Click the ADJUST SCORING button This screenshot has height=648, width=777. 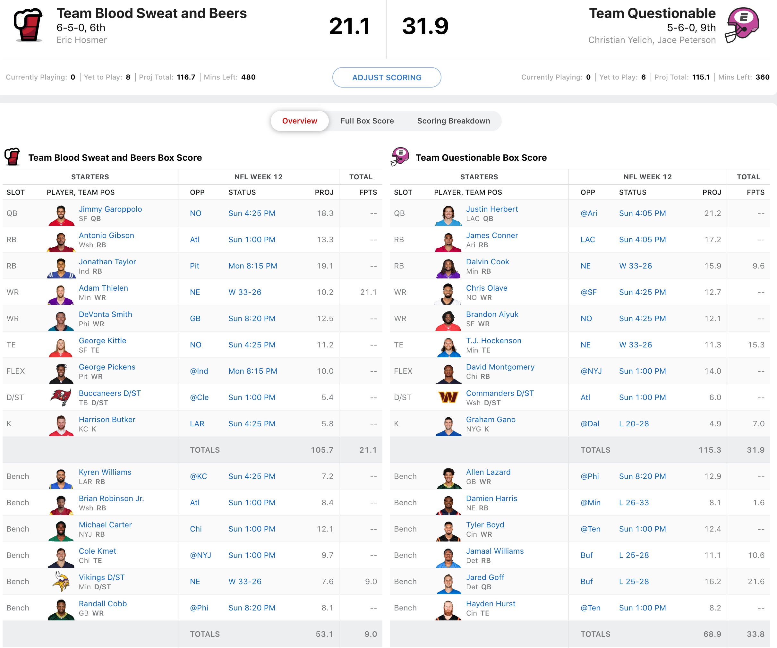tap(386, 77)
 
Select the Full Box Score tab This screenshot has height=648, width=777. tap(367, 121)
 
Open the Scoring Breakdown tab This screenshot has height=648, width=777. tap(453, 121)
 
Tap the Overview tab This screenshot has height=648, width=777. tap(299, 121)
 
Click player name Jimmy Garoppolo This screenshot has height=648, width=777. tap(110, 209)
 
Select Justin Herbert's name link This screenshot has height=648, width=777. tap(492, 209)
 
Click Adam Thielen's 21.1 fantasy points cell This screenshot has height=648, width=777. tap(368, 292)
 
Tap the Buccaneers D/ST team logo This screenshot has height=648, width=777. tap(61, 397)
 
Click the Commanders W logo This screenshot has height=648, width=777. tap(448, 397)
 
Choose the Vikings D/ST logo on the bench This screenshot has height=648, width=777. tap(61, 581)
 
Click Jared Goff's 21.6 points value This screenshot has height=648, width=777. tap(756, 581)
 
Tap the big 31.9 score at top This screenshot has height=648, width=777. tap(425, 26)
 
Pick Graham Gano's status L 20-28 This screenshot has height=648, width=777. tap(634, 423)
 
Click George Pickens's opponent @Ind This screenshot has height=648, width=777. tap(199, 371)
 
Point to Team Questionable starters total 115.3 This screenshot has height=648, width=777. tap(709, 450)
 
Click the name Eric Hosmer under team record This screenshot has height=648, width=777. tap(81, 40)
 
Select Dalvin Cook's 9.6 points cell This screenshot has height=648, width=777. tap(758, 266)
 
